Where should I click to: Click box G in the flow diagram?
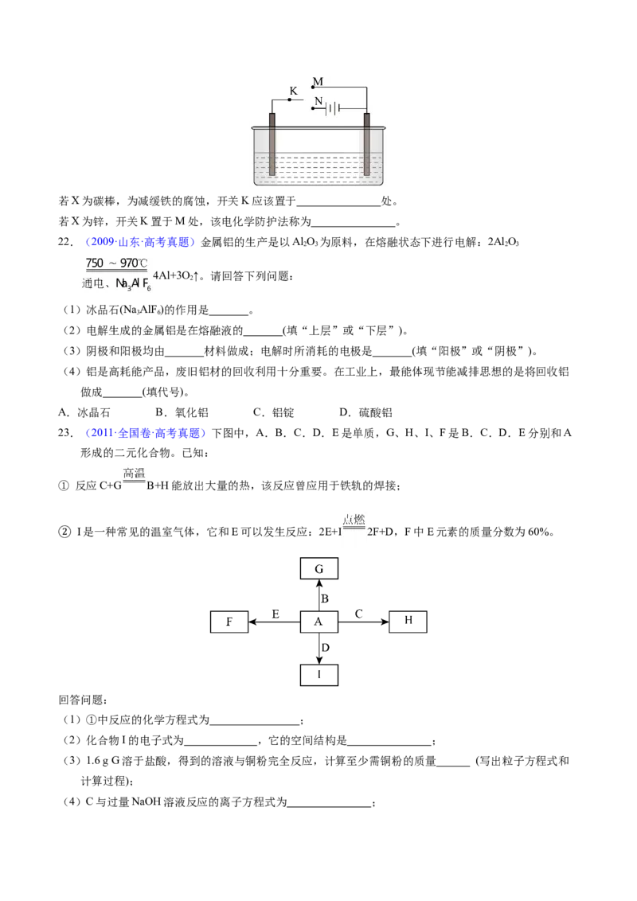tap(319, 568)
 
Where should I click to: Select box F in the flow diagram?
tap(229, 621)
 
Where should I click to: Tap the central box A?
tap(319, 621)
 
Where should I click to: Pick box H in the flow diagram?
tap(408, 621)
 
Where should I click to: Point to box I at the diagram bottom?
tap(319, 675)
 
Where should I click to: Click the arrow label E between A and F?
tap(276, 614)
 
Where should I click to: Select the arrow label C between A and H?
tap(359, 614)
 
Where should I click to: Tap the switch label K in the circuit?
tap(294, 91)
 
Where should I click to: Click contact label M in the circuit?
tap(318, 82)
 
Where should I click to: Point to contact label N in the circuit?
tap(318, 101)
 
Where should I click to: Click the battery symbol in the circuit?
tap(333, 108)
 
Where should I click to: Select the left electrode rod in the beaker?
tap(272, 144)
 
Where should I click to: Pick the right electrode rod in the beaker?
tap(367, 144)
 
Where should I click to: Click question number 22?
tap(65, 242)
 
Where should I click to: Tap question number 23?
tap(65, 433)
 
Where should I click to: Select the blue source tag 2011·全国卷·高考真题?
tap(146, 433)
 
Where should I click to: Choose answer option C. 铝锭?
tap(274, 412)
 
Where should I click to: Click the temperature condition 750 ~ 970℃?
tap(117, 263)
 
